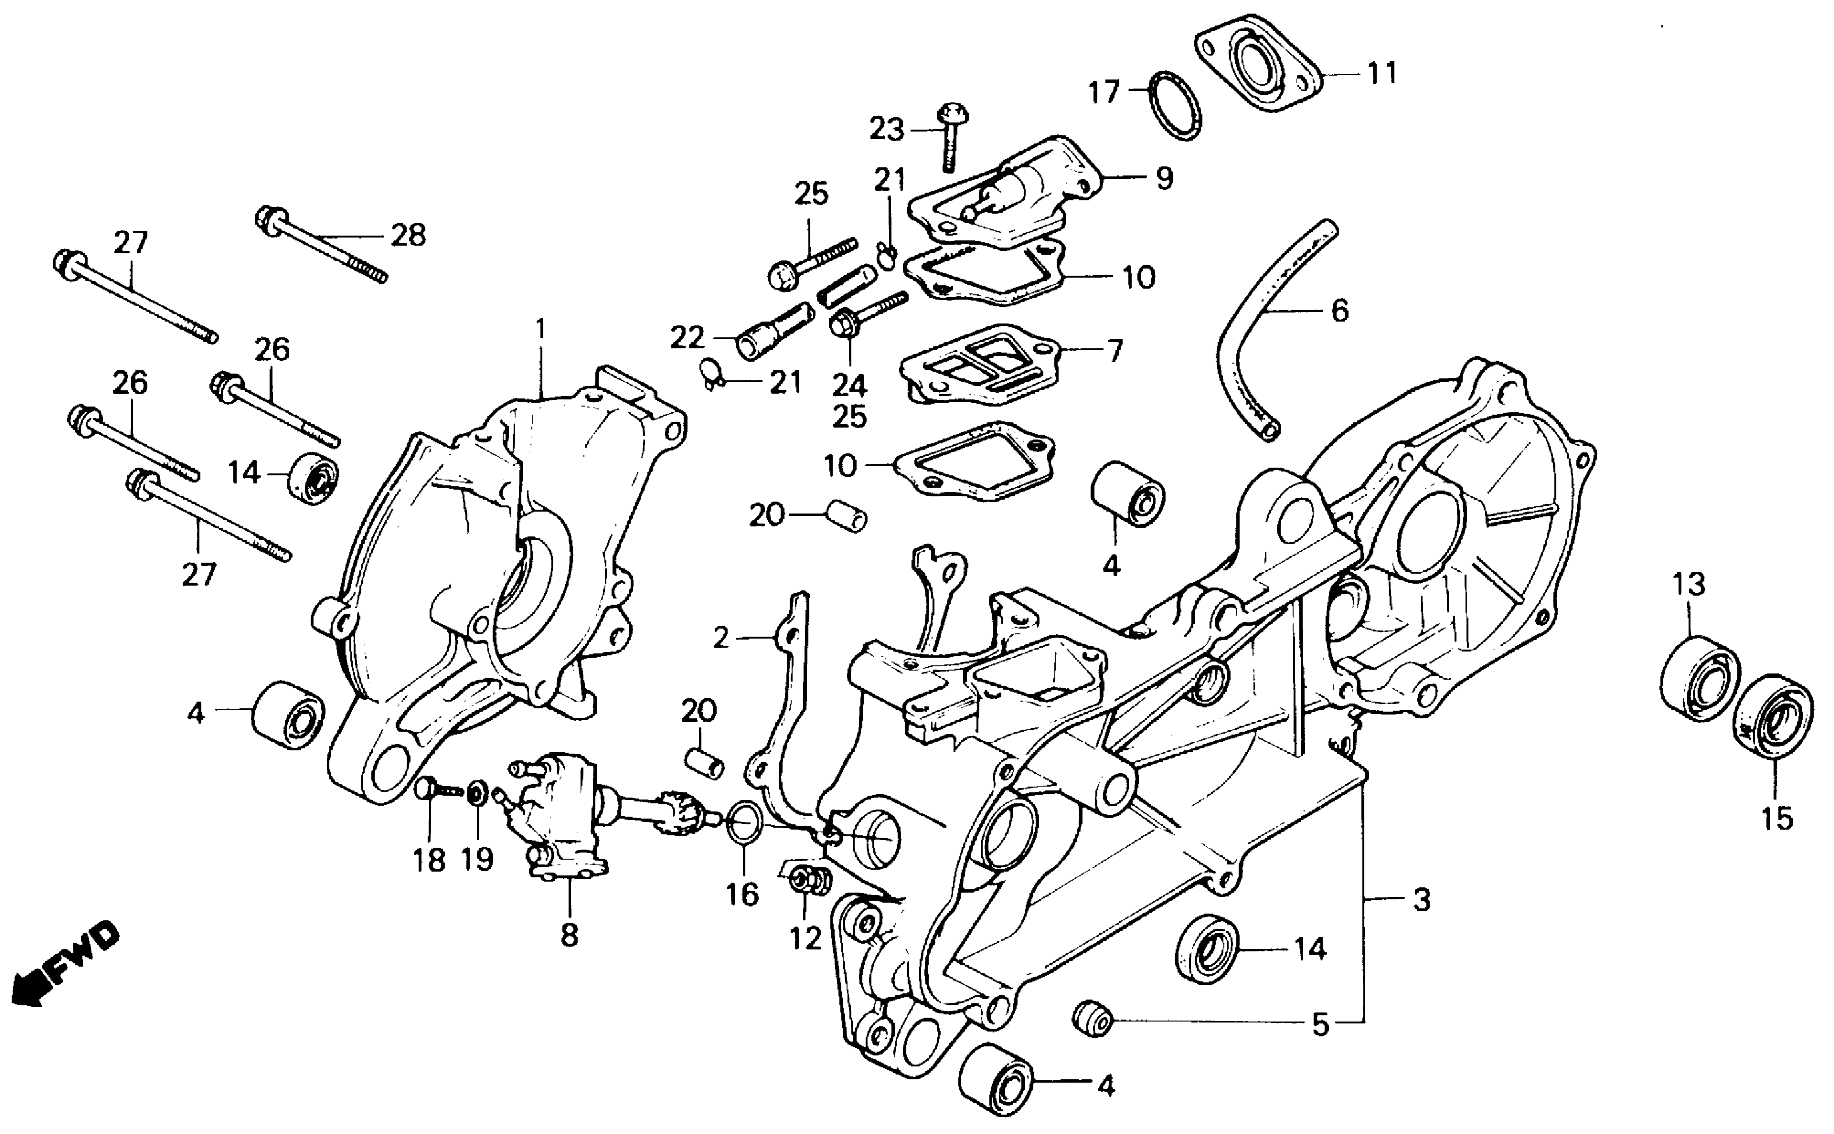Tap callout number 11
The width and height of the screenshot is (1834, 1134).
click(x=1382, y=73)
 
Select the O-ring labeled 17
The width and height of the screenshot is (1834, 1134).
click(x=1175, y=106)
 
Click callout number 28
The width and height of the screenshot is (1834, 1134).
click(x=408, y=235)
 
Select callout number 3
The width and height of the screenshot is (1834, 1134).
click(x=1421, y=900)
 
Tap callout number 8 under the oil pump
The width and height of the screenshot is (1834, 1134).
click(x=569, y=935)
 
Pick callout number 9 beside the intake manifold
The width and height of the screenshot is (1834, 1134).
click(x=1163, y=179)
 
